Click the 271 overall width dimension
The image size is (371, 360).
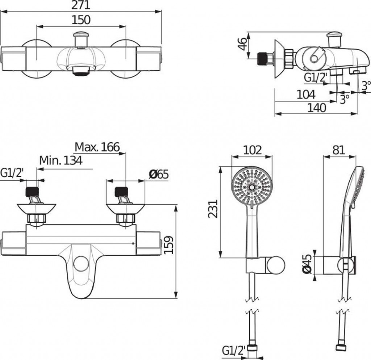[x=81, y=5]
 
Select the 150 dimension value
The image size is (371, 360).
[x=81, y=20]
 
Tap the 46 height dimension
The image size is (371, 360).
[x=242, y=44]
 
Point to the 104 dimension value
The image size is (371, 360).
[x=306, y=95]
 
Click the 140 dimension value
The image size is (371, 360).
[x=317, y=108]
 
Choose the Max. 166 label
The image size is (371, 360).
[x=97, y=147]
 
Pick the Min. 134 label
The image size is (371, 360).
[x=61, y=160]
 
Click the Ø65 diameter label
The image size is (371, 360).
[x=159, y=175]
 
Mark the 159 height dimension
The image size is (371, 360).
[x=169, y=245]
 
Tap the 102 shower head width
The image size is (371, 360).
[x=253, y=150]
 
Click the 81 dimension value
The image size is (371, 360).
[x=339, y=150]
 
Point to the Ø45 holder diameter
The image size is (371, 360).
[x=307, y=264]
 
